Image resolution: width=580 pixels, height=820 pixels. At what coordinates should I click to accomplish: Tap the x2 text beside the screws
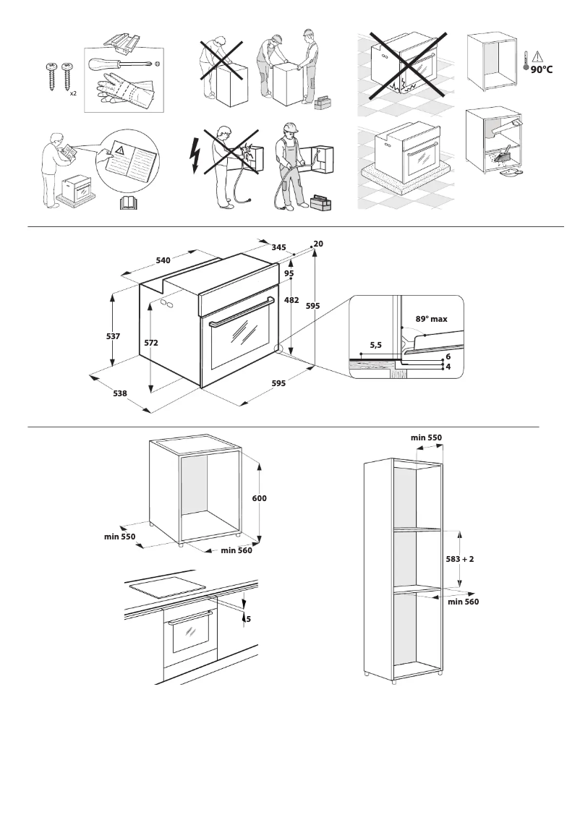(x=74, y=94)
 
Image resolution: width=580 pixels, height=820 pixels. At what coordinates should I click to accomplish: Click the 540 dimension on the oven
(x=163, y=260)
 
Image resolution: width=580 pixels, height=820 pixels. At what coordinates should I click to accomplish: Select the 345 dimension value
(x=278, y=247)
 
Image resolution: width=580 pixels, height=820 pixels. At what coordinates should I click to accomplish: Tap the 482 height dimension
(x=291, y=299)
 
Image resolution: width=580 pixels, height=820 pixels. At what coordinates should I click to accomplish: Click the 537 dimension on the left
(x=112, y=336)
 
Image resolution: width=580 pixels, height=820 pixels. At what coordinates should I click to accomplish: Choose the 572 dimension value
(x=151, y=343)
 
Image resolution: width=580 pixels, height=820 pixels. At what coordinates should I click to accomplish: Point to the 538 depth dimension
(x=120, y=393)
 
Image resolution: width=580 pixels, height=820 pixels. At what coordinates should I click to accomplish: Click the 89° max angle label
(x=432, y=318)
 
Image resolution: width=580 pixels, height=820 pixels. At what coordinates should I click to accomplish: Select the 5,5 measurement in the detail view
(x=376, y=346)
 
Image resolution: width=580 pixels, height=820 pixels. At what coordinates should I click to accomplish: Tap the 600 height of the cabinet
(x=259, y=498)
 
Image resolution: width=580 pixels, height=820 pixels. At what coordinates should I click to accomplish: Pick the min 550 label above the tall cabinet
(x=426, y=437)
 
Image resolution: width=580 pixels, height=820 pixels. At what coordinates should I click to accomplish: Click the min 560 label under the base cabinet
(x=236, y=551)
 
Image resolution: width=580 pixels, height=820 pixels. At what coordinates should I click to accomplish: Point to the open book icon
(x=127, y=202)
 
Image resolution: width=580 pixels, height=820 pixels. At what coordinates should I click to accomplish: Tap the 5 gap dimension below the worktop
(x=248, y=619)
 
